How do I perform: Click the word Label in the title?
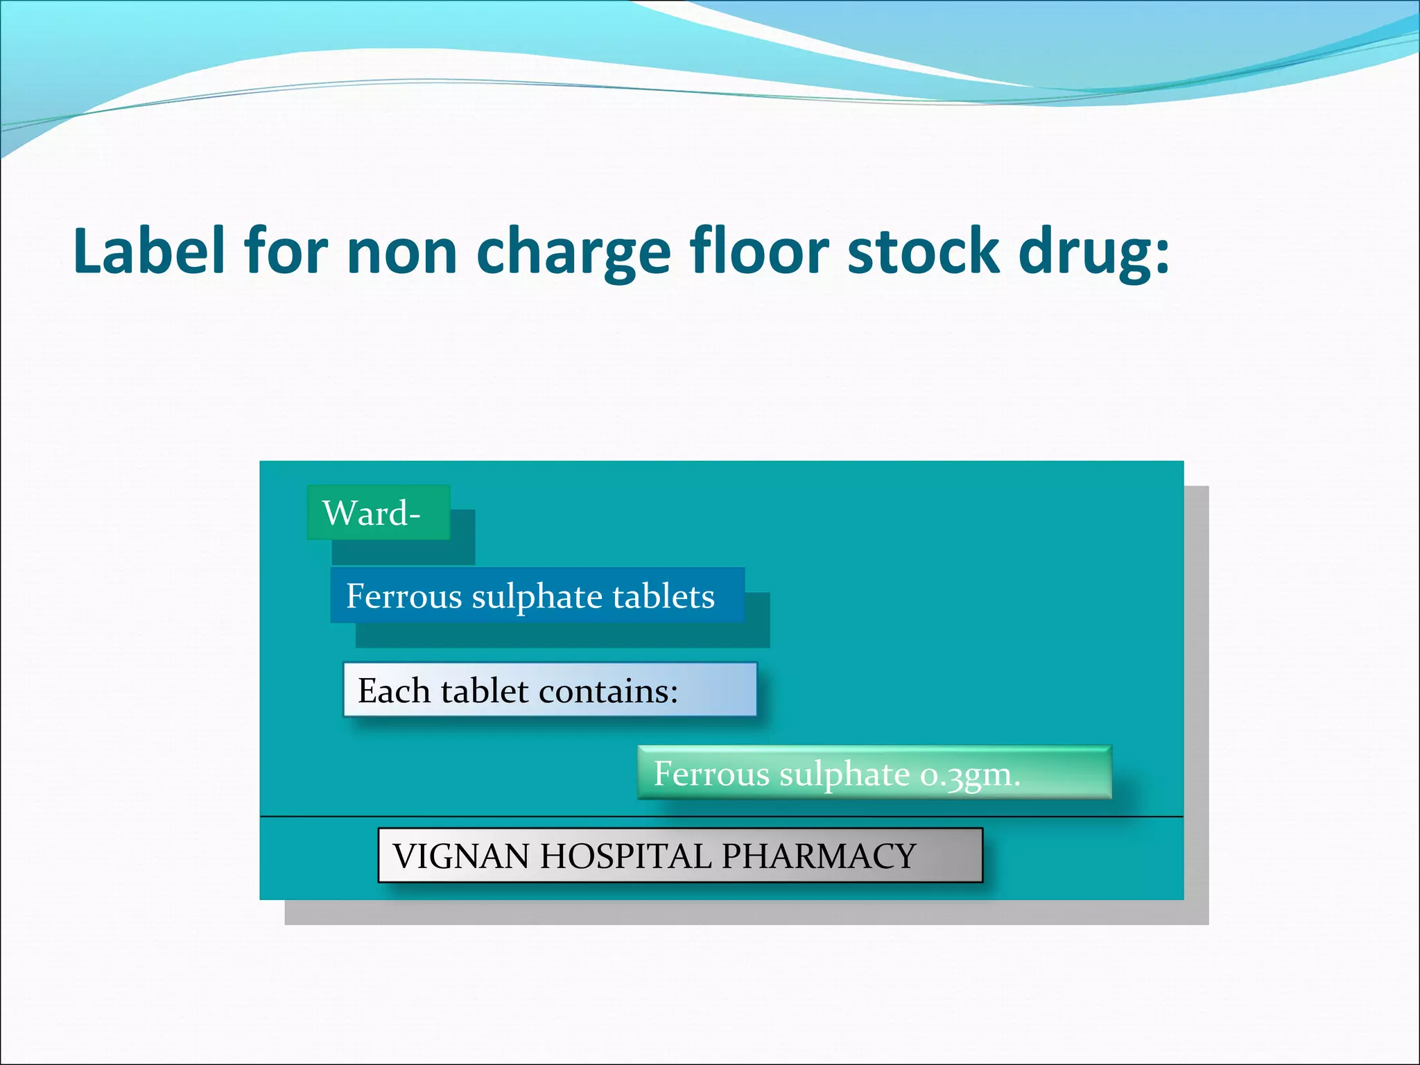[x=149, y=251]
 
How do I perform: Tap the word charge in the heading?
[x=573, y=252]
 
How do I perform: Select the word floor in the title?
[x=759, y=251]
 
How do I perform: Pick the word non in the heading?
[x=401, y=252]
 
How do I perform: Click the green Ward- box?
[x=379, y=513]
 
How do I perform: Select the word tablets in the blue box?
[x=664, y=596]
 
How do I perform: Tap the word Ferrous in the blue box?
[x=404, y=596]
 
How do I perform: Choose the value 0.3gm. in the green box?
[x=970, y=774]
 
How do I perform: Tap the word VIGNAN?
[x=461, y=856]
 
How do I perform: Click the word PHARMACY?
[x=819, y=856]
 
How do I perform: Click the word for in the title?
[x=286, y=251]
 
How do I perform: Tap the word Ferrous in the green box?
[x=711, y=774]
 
